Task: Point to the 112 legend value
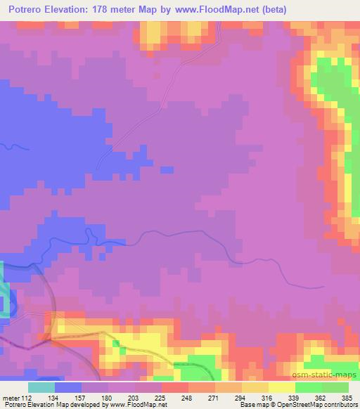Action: click(x=27, y=397)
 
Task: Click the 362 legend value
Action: click(x=321, y=397)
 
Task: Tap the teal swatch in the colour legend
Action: click(x=41, y=387)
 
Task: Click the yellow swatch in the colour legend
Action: click(x=282, y=387)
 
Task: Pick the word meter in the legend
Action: click(x=11, y=397)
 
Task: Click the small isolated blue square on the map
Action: click(x=167, y=169)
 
